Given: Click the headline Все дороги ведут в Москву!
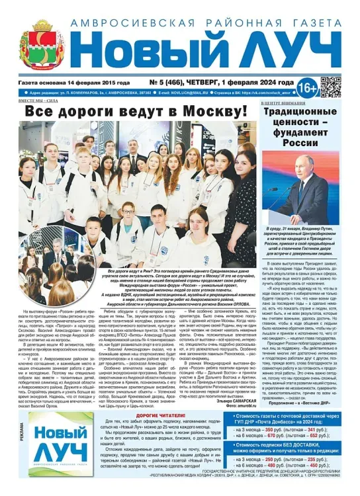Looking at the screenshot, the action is click(136, 111).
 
